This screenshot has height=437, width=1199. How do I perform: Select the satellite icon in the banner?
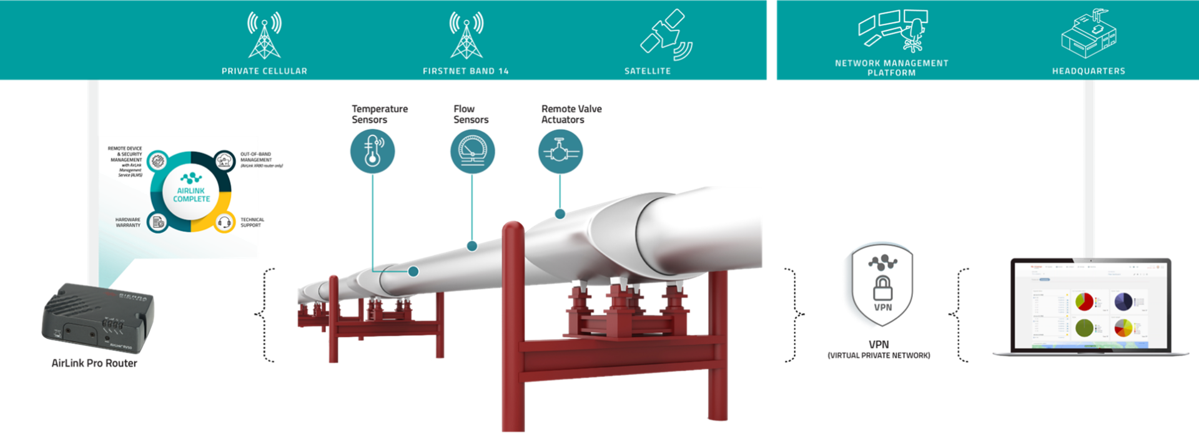[x=666, y=35]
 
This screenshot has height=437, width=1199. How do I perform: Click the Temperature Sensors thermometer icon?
[x=372, y=151]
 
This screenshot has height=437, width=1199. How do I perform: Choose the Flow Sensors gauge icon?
[x=472, y=151]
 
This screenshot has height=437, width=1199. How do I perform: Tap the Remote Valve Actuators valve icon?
[x=560, y=151]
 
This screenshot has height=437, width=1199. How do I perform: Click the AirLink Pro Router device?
[x=98, y=317]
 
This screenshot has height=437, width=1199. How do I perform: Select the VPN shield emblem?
[x=882, y=285]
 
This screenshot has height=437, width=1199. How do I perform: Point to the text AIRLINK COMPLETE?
[x=191, y=195]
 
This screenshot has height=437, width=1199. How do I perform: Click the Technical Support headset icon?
[x=224, y=222]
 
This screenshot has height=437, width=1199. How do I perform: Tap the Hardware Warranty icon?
[x=158, y=222]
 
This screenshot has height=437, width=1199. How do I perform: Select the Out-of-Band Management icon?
[x=224, y=161]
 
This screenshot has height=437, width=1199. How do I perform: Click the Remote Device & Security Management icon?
[x=158, y=161]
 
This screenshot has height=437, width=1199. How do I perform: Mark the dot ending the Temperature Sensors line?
[x=413, y=272]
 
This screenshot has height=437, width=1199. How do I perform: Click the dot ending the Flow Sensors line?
[x=472, y=247]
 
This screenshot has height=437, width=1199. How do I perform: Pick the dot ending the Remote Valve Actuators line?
[x=560, y=214]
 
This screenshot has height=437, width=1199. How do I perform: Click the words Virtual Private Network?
[x=879, y=356]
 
